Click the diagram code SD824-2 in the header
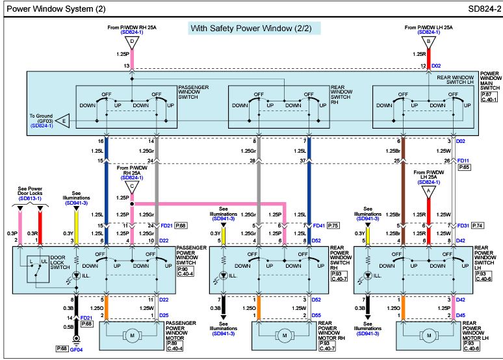pos(484,8)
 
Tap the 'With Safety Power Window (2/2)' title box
pos(254,28)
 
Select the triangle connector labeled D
pos(132,42)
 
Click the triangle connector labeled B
pos(428,42)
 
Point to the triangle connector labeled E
pos(63,121)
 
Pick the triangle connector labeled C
pos(132,187)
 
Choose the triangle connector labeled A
pos(428,192)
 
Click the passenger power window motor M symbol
pos(132,335)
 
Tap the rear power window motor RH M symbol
pos(285,335)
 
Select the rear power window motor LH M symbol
pos(429,335)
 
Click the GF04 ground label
pos(76,350)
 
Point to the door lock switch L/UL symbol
pos(38,269)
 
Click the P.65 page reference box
pos(464,167)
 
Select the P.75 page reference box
pos(333,225)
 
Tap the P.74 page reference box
pos(478,225)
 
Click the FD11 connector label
pos(463,161)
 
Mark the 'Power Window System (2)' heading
pos(56,8)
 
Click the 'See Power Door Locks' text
pos(30,191)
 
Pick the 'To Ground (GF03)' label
pos(42,118)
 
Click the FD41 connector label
pos(319,225)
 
